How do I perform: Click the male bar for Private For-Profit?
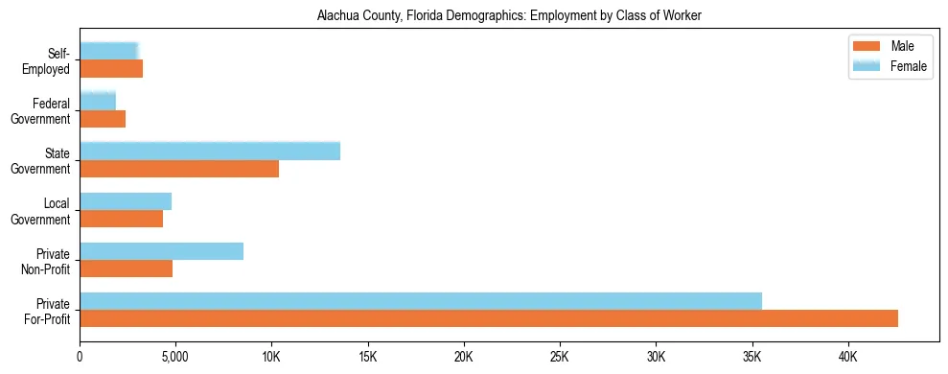point(489,318)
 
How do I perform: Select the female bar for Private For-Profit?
point(421,301)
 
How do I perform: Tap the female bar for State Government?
point(210,151)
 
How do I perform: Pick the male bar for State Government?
point(179,169)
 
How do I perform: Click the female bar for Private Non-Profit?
point(161,251)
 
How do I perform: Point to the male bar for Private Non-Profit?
point(126,269)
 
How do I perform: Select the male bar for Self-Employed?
point(111,69)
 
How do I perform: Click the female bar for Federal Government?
point(98,101)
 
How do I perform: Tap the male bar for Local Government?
point(121,219)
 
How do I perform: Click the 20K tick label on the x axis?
point(464,356)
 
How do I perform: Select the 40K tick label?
point(848,356)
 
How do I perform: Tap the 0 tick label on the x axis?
point(80,356)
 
